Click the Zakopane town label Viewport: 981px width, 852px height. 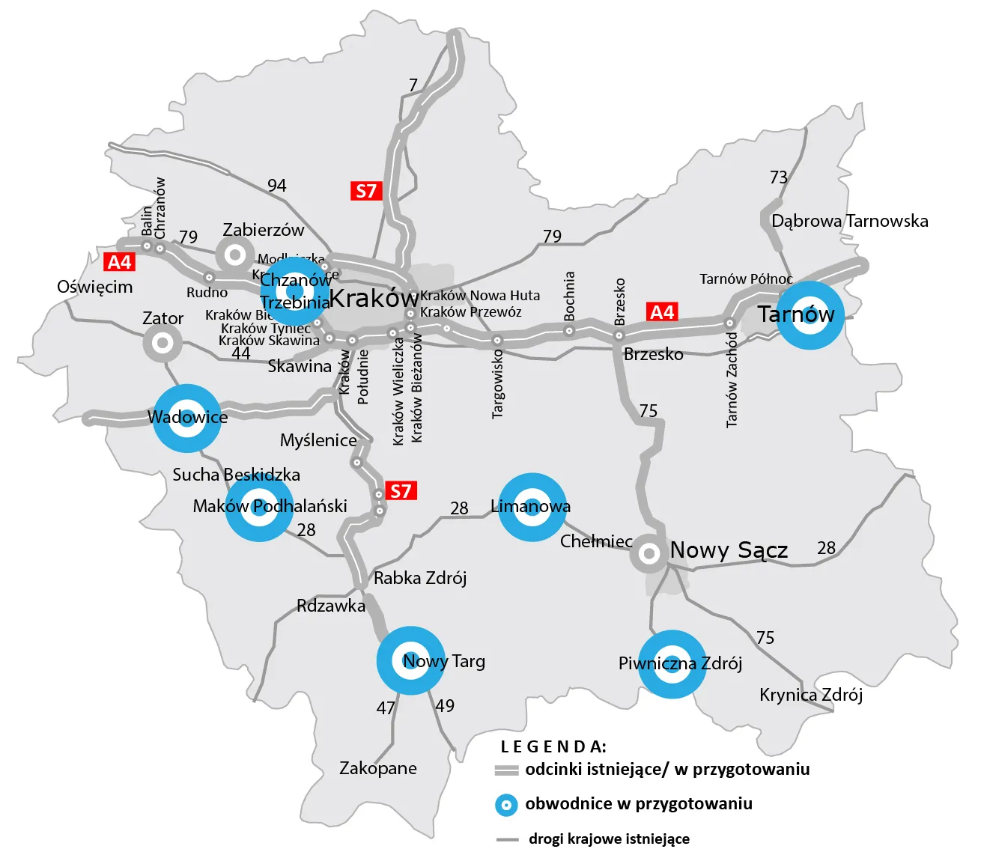tap(377, 768)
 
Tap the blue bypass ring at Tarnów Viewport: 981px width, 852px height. tap(810, 315)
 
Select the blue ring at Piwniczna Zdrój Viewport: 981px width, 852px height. tap(672, 664)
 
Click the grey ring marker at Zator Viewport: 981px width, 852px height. tap(163, 344)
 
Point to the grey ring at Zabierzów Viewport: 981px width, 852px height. tap(235, 255)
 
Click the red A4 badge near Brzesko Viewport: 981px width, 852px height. tap(662, 311)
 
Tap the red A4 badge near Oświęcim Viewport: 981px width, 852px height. tap(120, 262)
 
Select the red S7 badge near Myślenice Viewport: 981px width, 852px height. tap(401, 491)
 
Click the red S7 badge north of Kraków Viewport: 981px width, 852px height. tap(366, 191)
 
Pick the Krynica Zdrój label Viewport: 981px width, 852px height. tap(811, 695)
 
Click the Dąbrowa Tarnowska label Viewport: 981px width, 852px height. tap(849, 221)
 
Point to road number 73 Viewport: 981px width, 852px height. tap(779, 177)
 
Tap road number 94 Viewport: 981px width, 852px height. tap(277, 185)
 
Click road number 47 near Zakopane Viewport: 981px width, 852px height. tap(386, 708)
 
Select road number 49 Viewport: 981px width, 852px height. tap(445, 705)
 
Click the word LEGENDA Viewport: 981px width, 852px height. tap(553, 746)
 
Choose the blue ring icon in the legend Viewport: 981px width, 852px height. tap(507, 806)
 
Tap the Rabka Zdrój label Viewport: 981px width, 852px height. tap(420, 578)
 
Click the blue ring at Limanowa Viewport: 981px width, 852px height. tap(532, 507)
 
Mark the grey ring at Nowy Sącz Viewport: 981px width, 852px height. tap(649, 554)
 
